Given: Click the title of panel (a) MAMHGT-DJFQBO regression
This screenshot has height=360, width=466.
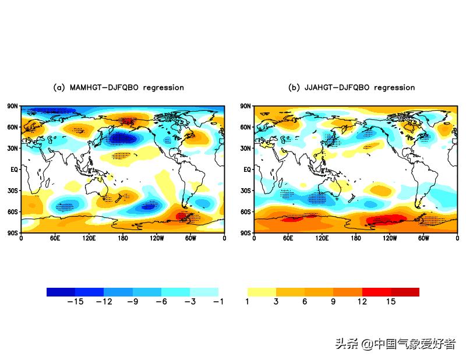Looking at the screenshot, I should (x=118, y=87).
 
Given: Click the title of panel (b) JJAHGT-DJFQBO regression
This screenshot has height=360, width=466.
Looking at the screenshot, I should (x=352, y=87).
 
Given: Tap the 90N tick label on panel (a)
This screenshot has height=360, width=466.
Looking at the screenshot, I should (x=13, y=106).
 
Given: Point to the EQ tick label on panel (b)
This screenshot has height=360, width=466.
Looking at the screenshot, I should (x=247, y=170).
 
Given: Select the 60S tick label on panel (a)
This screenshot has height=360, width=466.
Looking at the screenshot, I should (x=13, y=211).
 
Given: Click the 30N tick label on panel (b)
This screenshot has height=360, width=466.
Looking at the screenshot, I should (x=246, y=148).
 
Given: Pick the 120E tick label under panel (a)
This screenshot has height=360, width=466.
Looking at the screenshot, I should (x=89, y=238).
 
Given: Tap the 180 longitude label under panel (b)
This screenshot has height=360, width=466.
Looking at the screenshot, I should (x=356, y=238).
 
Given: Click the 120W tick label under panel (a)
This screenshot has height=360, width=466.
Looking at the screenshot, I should (x=157, y=238).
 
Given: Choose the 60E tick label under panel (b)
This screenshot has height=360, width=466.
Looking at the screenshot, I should (x=288, y=238).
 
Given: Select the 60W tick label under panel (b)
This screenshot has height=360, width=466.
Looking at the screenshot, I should (x=423, y=238).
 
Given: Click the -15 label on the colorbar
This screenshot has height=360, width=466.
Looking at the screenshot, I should (x=75, y=302).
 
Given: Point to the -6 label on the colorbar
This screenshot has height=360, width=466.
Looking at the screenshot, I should (x=161, y=302).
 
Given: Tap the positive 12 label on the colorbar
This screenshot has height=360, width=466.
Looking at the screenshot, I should (x=362, y=302).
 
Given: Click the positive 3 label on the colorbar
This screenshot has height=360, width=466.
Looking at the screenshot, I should (x=276, y=302).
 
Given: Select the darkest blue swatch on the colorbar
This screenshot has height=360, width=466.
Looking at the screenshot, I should (x=61, y=292).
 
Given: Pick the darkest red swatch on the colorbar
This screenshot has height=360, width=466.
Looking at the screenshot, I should (x=405, y=292).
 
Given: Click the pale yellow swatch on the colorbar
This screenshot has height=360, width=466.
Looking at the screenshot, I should (x=262, y=292).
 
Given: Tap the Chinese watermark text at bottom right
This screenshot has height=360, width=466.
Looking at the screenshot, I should (x=395, y=344).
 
